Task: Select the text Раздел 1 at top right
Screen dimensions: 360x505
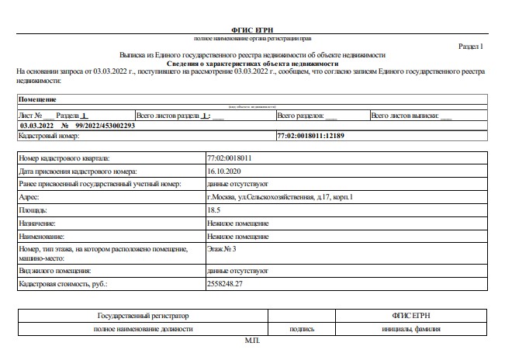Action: pyautogui.click(x=469, y=47)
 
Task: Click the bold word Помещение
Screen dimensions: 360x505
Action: pyautogui.click(x=37, y=100)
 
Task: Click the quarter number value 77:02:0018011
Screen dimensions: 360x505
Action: pyautogui.click(x=230, y=157)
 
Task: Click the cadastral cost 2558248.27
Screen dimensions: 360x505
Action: pyautogui.click(x=226, y=285)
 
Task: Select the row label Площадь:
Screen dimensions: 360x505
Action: pyautogui.click(x=33, y=210)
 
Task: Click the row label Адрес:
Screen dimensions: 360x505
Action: pyautogui.click(x=29, y=197)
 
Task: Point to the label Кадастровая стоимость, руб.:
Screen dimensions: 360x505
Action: pyautogui.click(x=63, y=285)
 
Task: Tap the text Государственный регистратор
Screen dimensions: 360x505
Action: pyautogui.click(x=144, y=317)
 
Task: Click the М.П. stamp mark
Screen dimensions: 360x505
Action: pyautogui.click(x=253, y=341)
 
